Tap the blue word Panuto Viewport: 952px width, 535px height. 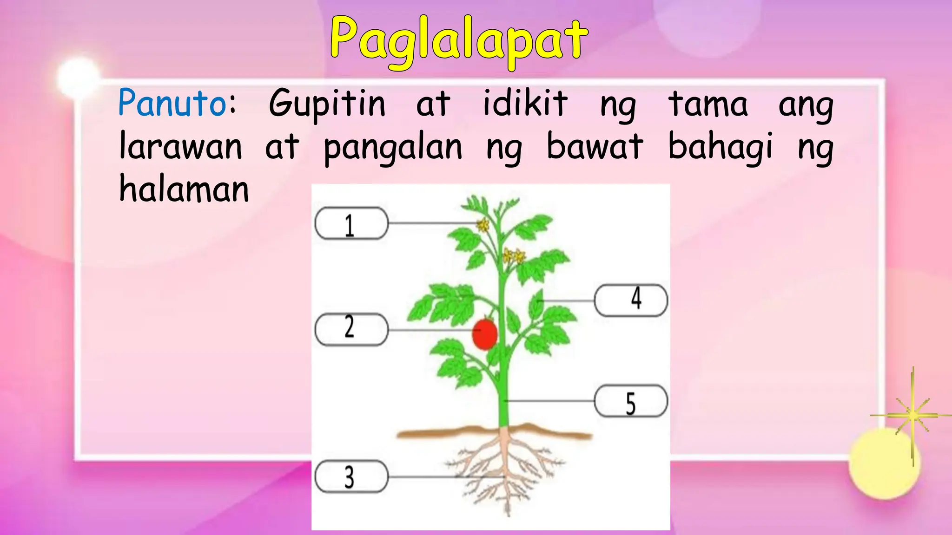point(172,103)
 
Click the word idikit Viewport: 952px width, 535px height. point(525,103)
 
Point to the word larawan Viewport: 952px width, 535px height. point(181,147)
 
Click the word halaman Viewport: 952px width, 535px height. point(184,189)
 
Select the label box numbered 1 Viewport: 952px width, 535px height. point(351,223)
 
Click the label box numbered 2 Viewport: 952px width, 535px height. point(351,330)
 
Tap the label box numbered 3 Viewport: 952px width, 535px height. point(351,476)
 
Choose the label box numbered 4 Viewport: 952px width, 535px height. point(631,300)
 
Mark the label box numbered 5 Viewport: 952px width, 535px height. point(631,401)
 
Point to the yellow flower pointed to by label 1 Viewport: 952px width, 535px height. point(483,225)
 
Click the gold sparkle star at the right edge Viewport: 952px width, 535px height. point(912,415)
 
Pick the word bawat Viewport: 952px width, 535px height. point(595,147)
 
